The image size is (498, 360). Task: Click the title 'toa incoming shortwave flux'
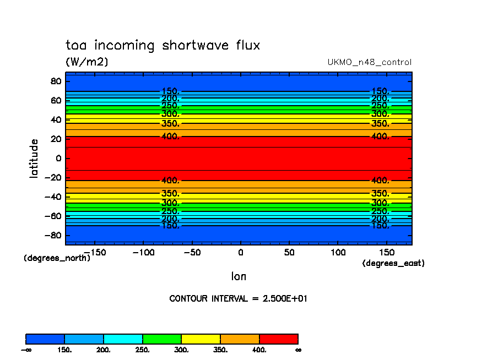[163, 45]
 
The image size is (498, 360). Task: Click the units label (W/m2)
[87, 62]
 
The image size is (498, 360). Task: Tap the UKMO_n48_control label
[369, 62]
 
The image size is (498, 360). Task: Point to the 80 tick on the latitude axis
[56, 81]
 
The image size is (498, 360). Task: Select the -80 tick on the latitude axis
[53, 236]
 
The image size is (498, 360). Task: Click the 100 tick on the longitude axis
[338, 252]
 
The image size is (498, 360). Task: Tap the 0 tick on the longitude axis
[240, 252]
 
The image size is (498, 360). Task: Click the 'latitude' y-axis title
[34, 159]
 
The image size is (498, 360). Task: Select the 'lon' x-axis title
[239, 276]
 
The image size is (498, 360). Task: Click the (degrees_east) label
[393, 263]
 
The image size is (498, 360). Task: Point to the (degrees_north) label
[57, 258]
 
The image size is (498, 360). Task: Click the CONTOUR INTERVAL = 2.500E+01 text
[238, 298]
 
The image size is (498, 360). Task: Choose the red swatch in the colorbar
[278, 339]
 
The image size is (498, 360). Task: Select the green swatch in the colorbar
[161, 339]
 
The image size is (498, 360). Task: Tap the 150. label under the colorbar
[64, 350]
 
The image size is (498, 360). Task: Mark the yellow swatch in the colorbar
[201, 339]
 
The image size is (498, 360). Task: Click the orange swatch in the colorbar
[240, 339]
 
